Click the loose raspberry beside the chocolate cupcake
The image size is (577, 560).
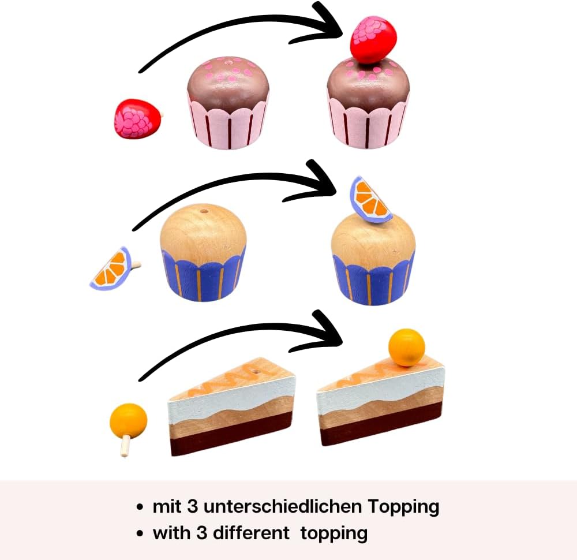[x=136, y=119]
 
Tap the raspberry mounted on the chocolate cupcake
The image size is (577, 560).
[x=374, y=39]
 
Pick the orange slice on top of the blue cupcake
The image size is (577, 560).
[x=370, y=200]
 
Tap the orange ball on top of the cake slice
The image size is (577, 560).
[x=406, y=347]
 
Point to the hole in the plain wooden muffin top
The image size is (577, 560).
[x=203, y=211]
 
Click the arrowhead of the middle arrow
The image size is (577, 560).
[x=325, y=181]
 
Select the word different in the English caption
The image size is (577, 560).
[x=251, y=532]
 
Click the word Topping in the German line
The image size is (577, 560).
[x=403, y=507]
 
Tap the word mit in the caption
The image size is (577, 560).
[x=167, y=507]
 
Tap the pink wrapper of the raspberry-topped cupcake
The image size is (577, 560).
[x=368, y=124]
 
